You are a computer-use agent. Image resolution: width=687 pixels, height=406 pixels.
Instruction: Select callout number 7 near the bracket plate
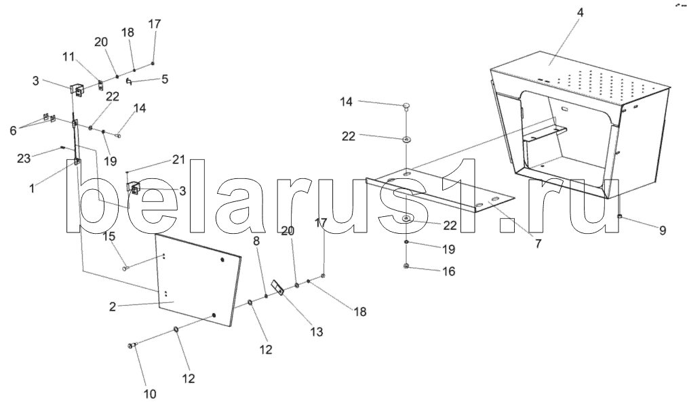click(x=537, y=243)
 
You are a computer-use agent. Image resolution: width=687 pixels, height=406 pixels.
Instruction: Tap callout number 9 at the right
click(x=662, y=230)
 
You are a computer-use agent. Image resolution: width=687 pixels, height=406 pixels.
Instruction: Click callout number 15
click(x=108, y=237)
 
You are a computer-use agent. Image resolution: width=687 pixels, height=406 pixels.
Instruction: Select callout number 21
click(x=178, y=159)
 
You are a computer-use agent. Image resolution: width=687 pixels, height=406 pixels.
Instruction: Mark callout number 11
click(x=68, y=58)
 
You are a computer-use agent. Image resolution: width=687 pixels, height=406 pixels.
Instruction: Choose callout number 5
click(x=164, y=79)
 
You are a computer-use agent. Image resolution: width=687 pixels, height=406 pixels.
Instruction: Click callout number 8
click(x=256, y=240)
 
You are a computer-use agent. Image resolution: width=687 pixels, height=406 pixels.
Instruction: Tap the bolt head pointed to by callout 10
click(x=131, y=347)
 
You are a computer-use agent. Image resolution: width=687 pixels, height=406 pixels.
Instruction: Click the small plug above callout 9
click(x=620, y=216)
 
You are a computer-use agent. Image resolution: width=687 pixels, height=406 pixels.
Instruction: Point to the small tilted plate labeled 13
click(x=278, y=288)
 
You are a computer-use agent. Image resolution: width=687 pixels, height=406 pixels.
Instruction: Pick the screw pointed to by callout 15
click(x=127, y=268)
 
